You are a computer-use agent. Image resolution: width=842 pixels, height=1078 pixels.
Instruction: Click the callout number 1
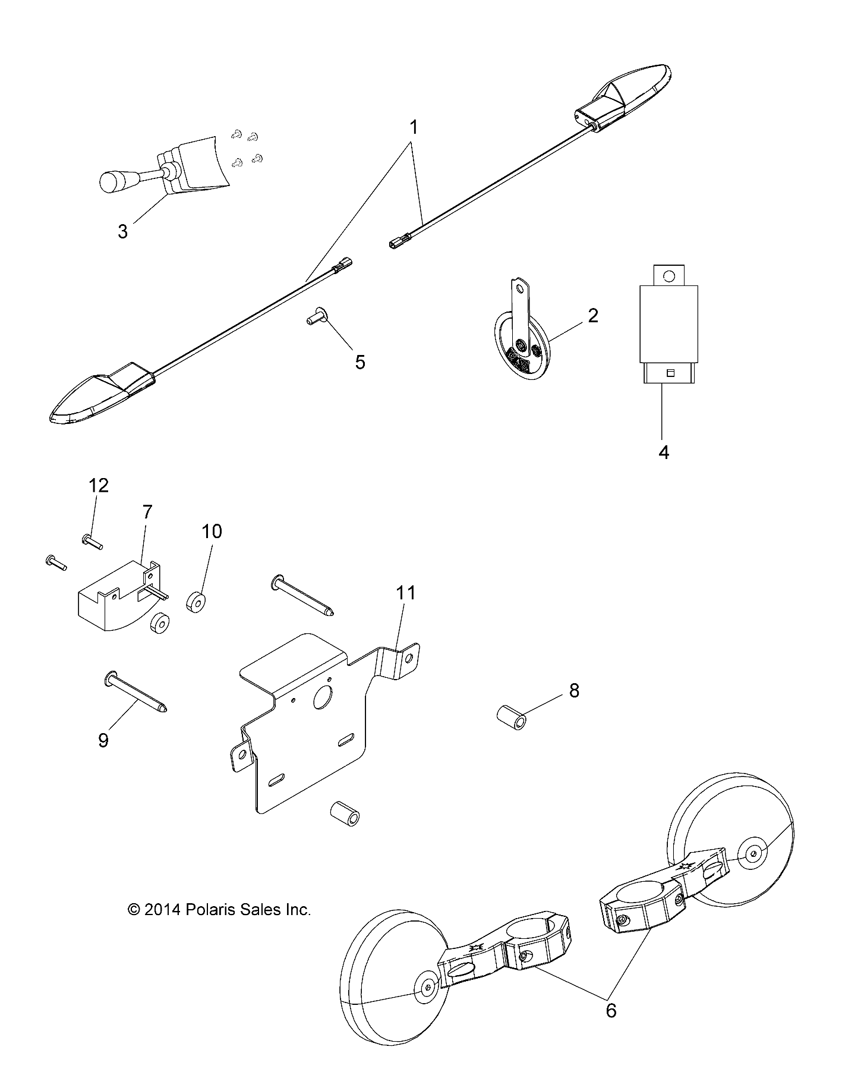click(414, 128)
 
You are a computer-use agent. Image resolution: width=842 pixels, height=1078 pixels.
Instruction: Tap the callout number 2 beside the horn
click(592, 315)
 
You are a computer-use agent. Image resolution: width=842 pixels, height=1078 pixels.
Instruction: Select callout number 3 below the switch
click(122, 231)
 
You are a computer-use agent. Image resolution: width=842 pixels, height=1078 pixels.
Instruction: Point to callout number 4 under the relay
click(664, 452)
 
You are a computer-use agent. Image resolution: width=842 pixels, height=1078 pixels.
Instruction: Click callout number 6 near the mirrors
click(611, 1010)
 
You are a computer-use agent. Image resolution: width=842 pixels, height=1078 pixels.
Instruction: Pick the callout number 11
click(407, 593)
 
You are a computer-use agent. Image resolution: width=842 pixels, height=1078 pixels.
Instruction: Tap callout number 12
click(99, 486)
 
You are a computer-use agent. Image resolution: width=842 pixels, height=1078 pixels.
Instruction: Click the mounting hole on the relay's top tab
click(669, 276)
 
